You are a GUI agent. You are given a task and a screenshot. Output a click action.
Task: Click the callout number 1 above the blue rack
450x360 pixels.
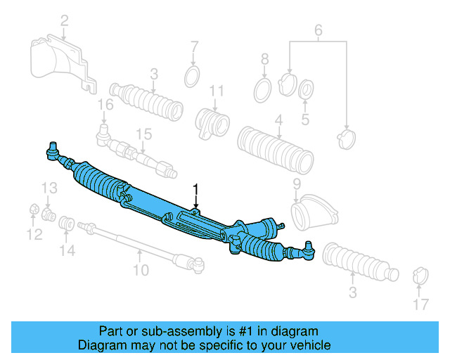(x=196, y=189)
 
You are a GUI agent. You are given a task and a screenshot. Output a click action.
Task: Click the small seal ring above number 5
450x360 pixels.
(x=307, y=90)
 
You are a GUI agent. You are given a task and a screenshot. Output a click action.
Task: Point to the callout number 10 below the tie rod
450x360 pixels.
(x=141, y=269)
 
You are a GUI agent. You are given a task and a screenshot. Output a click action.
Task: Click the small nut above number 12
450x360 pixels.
(x=33, y=209)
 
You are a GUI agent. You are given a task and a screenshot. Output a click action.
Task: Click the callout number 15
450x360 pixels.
(x=143, y=134)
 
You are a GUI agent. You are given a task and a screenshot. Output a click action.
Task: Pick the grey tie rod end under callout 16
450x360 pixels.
(x=106, y=133)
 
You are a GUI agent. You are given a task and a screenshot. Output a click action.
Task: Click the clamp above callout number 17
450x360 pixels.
(x=420, y=276)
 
